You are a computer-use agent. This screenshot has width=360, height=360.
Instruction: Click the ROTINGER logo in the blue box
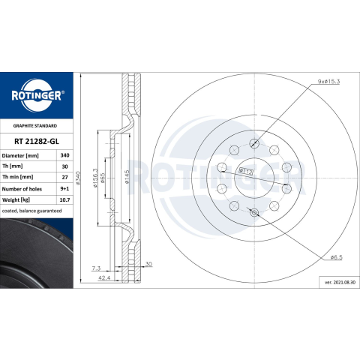click(x=37, y=95)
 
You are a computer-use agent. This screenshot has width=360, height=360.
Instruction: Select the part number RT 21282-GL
click(x=37, y=142)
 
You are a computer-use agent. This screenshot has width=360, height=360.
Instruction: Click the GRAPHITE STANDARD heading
click(x=35, y=126)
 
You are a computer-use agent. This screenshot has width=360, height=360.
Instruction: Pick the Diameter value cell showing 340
click(x=64, y=155)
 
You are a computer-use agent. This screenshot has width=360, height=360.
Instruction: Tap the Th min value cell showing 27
click(x=64, y=177)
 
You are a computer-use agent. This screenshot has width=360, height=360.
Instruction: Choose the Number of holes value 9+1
click(x=64, y=189)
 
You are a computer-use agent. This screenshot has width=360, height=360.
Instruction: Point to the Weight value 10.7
click(x=64, y=200)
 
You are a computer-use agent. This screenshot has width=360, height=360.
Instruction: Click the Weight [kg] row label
click(x=16, y=200)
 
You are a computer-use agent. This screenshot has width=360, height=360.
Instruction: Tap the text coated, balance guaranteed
click(x=31, y=211)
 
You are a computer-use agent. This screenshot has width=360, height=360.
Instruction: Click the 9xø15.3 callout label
click(x=328, y=82)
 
